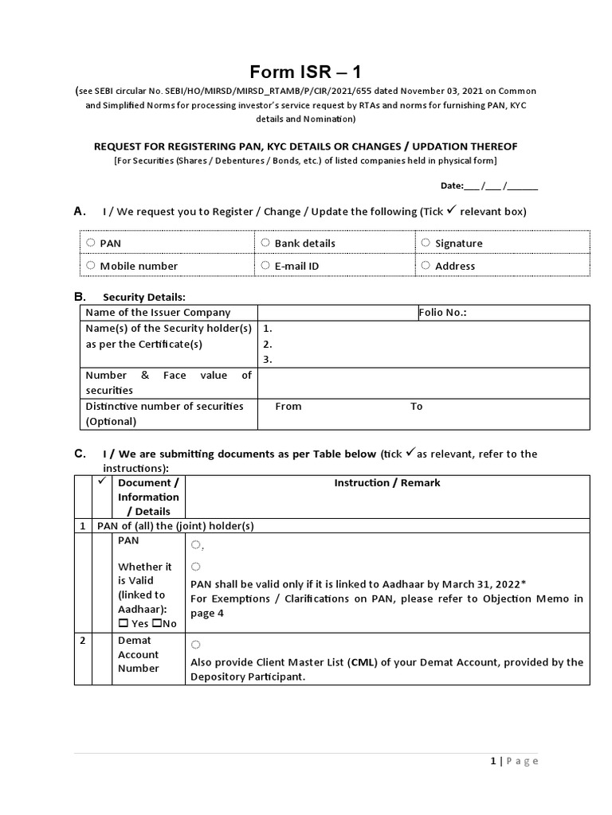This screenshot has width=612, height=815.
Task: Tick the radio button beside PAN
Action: coord(91,243)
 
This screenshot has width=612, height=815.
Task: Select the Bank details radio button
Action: coord(266,243)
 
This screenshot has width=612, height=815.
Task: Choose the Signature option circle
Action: coord(426,243)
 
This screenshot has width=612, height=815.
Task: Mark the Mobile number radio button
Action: coord(91,265)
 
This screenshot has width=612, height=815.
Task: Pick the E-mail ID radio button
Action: coord(266,265)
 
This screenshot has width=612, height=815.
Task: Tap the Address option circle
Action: coord(426,265)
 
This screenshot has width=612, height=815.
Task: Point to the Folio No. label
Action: coord(443,313)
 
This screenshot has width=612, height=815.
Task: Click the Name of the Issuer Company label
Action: coord(158,313)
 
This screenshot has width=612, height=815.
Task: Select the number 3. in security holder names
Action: coord(268,359)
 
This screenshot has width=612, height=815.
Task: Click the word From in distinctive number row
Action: coord(288,407)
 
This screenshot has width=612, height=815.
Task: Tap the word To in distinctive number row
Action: coord(416,407)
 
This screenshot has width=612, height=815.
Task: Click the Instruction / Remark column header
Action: coord(386,483)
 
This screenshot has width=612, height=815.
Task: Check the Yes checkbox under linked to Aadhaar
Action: coord(122,624)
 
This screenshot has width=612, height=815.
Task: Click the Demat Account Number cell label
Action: coord(138,654)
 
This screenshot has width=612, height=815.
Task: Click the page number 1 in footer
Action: coord(493,761)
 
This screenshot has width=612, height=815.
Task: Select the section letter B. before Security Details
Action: coord(80,297)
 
